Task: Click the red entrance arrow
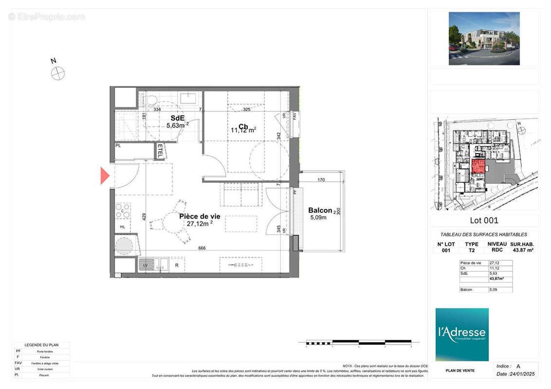(105, 176)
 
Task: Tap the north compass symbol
(58, 73)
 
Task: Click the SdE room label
(177, 118)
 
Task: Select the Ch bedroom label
(243, 126)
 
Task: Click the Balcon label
(320, 211)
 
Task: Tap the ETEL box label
(160, 151)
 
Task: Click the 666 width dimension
(202, 248)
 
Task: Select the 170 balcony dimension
(321, 180)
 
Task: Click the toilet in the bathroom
(151, 100)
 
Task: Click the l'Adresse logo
(461, 334)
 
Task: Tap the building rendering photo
(484, 38)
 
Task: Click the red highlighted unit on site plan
(478, 166)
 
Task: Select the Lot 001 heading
(484, 220)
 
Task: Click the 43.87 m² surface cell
(522, 250)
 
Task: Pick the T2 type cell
(471, 250)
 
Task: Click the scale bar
(359, 342)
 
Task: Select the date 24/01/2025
(514, 374)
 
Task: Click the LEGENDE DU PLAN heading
(41, 345)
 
